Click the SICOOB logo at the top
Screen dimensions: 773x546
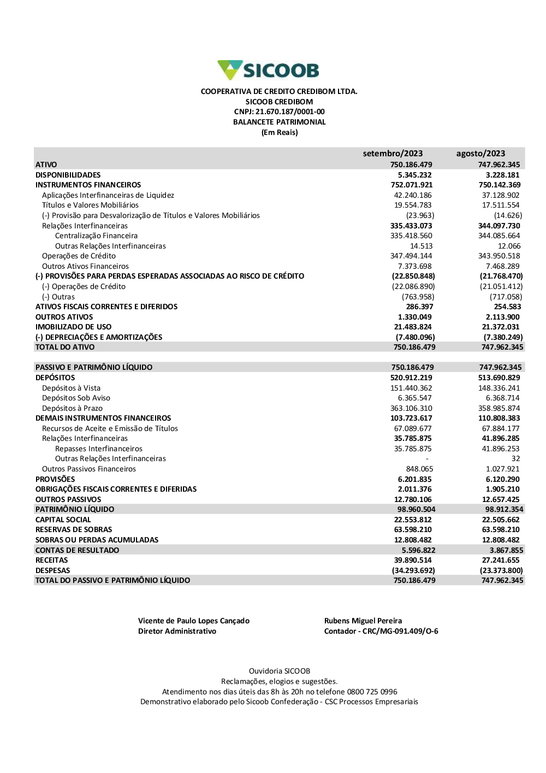268,70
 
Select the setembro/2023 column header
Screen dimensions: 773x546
393,154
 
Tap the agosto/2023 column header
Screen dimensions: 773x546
480,154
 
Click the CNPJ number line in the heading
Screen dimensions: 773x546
279,112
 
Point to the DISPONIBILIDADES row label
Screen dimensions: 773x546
68,175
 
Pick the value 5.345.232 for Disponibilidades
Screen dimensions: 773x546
414,175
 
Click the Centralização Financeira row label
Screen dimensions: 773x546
96,235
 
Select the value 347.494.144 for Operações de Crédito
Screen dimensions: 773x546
413,256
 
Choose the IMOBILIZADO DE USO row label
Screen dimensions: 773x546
73,327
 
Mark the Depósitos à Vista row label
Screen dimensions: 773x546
71,388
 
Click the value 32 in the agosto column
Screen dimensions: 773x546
515,458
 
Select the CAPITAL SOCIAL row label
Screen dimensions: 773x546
63,520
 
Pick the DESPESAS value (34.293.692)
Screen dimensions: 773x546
413,570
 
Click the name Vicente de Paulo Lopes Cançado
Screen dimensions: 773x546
194,621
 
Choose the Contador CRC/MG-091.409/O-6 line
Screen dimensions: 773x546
381,631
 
